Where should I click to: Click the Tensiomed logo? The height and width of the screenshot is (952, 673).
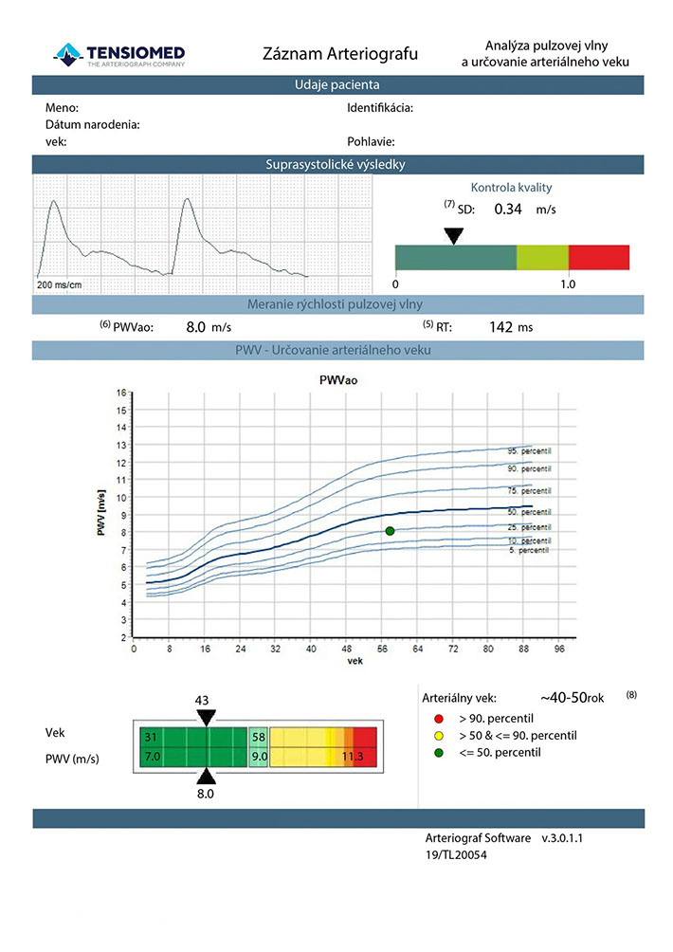[x=119, y=54]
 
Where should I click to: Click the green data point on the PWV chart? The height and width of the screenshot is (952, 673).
[x=390, y=532]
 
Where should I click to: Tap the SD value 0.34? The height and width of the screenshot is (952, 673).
[x=508, y=210]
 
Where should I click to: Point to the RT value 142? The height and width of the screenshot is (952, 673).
[x=500, y=327]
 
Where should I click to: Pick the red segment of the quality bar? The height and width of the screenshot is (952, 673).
[x=598, y=257]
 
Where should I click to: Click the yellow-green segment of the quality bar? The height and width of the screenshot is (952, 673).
[x=542, y=257]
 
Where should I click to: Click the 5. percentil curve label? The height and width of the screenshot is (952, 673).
[x=526, y=550]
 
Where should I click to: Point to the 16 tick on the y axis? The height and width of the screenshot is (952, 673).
[x=121, y=393]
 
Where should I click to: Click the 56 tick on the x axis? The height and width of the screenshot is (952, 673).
[x=382, y=650]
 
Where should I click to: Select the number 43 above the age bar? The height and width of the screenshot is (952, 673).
[x=202, y=700]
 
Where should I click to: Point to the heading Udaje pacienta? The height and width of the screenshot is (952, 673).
[x=338, y=85]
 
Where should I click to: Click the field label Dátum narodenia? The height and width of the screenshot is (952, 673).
[x=93, y=125]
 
